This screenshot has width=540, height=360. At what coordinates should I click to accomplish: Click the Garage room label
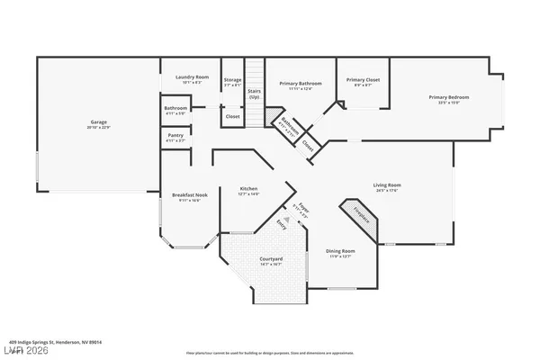point(98,122)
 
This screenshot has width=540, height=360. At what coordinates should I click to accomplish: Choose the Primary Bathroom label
point(299,85)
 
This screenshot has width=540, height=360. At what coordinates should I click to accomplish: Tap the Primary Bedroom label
point(449,98)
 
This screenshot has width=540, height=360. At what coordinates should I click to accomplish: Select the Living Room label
point(386,187)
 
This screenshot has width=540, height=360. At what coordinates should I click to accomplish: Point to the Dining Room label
point(340,253)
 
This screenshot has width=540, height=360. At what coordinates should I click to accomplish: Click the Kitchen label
point(248,191)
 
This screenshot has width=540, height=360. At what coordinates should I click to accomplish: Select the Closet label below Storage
point(232,116)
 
